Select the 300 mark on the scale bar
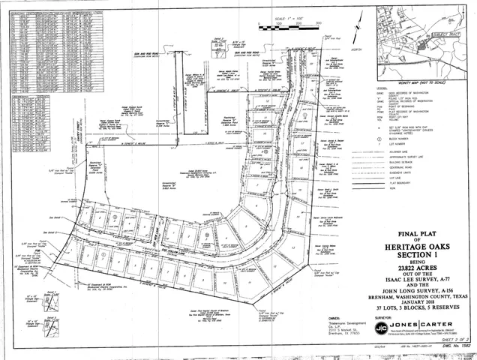coord(319,24)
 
